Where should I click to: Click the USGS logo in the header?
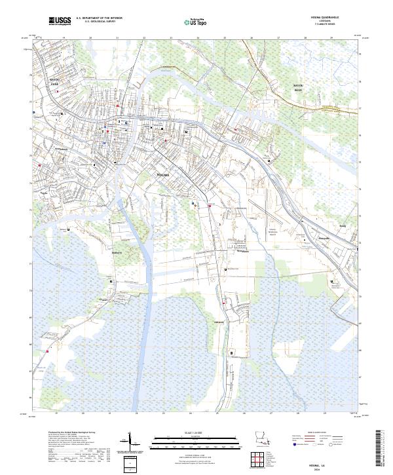pos(60,21)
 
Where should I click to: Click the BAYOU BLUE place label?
pos(299,88)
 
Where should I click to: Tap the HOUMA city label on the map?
pos(163,176)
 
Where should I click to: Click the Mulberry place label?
pos(118,251)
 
